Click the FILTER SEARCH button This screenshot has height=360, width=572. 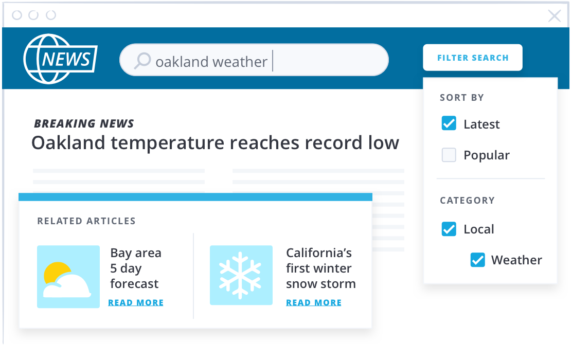click(472, 58)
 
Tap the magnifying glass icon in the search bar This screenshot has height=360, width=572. click(142, 61)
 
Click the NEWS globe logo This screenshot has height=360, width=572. click(60, 59)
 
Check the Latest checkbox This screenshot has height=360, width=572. click(449, 123)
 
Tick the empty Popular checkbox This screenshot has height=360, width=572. click(449, 155)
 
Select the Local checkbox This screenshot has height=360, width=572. click(449, 229)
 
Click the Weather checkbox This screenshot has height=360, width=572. click(477, 260)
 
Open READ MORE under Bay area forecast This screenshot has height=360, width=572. click(136, 303)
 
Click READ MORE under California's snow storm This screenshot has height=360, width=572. click(314, 303)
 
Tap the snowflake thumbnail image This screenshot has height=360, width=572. click(241, 275)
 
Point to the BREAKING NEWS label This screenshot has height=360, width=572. click(84, 123)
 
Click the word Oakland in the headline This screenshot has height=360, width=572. click(68, 142)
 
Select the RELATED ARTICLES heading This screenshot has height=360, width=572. click(86, 221)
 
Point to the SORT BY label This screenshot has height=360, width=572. click(462, 98)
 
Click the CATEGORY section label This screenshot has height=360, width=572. click(467, 201)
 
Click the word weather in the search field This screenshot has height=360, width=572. click(240, 62)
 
